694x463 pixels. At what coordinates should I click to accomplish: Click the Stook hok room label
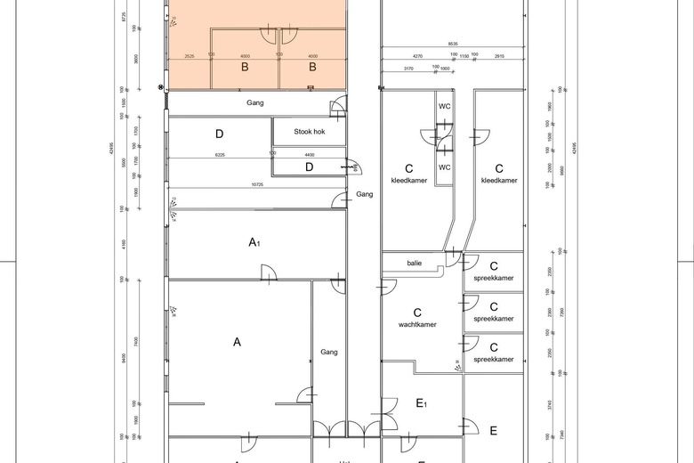[x=308, y=132]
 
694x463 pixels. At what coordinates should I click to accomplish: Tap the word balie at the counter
[x=415, y=264]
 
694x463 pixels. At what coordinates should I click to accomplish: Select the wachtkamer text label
[x=416, y=325]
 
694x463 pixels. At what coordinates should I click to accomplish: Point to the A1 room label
[x=254, y=242]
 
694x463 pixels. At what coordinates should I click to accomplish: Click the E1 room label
[x=422, y=403]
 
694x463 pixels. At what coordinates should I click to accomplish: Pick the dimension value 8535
[x=453, y=44]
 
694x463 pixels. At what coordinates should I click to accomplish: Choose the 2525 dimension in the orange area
[x=189, y=56]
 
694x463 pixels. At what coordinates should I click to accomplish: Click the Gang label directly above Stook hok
[x=255, y=103]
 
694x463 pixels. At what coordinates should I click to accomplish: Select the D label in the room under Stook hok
[x=309, y=167]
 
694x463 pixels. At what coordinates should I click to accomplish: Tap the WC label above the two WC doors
[x=444, y=106]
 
